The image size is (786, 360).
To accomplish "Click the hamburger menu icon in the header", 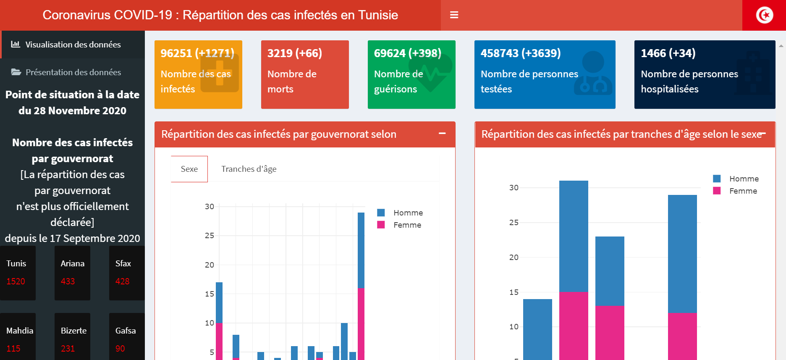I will pos(454,15).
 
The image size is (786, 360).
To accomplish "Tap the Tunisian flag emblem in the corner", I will pos(764,16).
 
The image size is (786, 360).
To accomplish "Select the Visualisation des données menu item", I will pos(73,45).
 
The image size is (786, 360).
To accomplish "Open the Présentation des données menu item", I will pos(73,72).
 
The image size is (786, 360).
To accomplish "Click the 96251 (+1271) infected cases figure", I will pos(197,53).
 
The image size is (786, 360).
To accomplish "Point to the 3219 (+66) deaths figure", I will pos(295,53).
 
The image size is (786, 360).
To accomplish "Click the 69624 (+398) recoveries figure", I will pos(407,53).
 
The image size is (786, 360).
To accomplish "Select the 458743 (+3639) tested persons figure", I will pos(521,53).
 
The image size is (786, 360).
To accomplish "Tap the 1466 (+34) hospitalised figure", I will pos(668,53).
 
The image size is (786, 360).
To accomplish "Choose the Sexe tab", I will pos(189,169).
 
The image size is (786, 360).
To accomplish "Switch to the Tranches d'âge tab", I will pos(249,169).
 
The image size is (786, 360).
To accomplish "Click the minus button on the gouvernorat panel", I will pos(442,134).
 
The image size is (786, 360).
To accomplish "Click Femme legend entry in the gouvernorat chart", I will pos(407,225).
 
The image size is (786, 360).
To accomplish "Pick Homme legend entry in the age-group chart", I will pos(744,179).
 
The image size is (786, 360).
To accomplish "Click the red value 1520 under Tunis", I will pos(16,281).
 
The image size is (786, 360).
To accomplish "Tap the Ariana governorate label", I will pos(73,263).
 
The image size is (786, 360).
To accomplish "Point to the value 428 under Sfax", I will pos(123,281).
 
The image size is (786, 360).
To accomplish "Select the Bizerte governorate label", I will pos(73,331).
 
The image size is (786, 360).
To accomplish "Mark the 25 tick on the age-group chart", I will pos(514,223).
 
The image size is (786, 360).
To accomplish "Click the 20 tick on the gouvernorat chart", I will pos(210,265).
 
